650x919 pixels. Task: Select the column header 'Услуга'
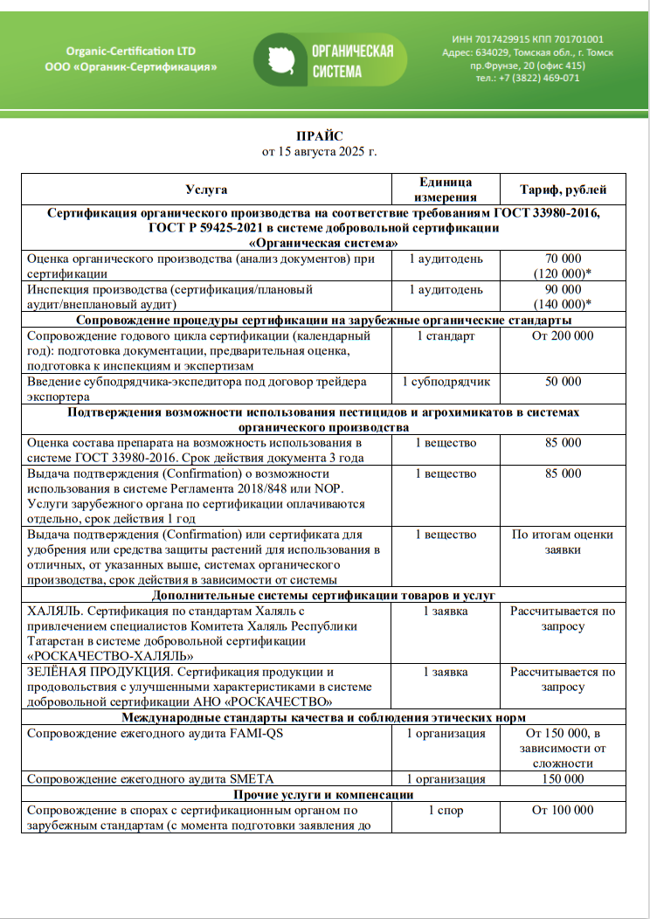tap(206, 190)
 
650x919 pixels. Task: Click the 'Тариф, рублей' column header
tap(563, 190)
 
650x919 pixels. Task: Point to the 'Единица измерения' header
tap(446, 190)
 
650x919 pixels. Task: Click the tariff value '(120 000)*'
tap(563, 273)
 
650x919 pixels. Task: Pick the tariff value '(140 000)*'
tap(563, 304)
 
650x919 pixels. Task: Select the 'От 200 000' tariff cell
tap(563, 335)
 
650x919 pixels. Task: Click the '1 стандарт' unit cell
tap(446, 335)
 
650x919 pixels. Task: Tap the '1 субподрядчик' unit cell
tap(446, 382)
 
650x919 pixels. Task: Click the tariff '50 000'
tap(563, 382)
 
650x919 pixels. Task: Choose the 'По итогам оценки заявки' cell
tap(563, 542)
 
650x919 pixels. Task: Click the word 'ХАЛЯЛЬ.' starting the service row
tap(56, 611)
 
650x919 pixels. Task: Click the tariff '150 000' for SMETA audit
tap(563, 778)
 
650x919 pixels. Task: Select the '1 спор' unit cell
tap(446, 810)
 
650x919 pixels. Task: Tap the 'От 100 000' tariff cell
tap(563, 810)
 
